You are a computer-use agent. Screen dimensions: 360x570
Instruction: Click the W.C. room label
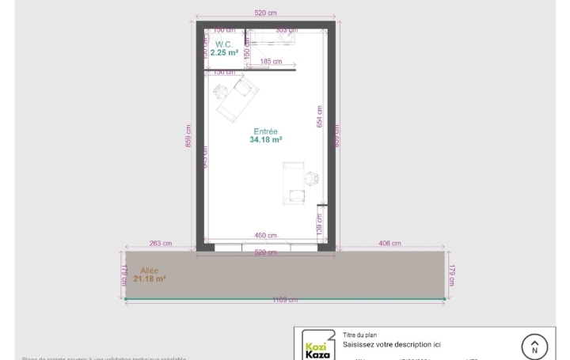pos(222,44)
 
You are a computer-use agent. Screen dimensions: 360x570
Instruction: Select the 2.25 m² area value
pos(224,53)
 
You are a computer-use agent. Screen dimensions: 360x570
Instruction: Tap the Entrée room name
pos(266,131)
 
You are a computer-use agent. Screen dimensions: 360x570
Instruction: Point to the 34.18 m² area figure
pos(266,139)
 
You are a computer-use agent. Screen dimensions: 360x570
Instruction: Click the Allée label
pos(150,271)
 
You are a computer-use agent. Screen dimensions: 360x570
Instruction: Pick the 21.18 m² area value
pos(150,279)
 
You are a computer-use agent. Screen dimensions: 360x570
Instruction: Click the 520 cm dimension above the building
pos(266,13)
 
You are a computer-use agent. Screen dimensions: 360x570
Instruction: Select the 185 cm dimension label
pos(271,61)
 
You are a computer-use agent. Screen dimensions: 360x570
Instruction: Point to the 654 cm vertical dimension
pos(320,116)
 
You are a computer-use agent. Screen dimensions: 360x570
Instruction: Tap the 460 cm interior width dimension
pos(265,235)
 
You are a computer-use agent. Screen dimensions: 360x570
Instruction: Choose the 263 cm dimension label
pos(161,244)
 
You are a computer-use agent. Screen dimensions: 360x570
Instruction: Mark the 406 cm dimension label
pos(390,244)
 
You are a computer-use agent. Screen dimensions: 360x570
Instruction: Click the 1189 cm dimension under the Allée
pos(285,300)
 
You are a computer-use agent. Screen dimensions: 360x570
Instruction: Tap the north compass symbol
pos(534,347)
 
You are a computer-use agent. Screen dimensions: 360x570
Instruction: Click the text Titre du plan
pos(360,335)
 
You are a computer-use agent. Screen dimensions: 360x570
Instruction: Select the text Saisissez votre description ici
pos(392,345)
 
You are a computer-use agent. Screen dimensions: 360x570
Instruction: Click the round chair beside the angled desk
pos(222,91)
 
